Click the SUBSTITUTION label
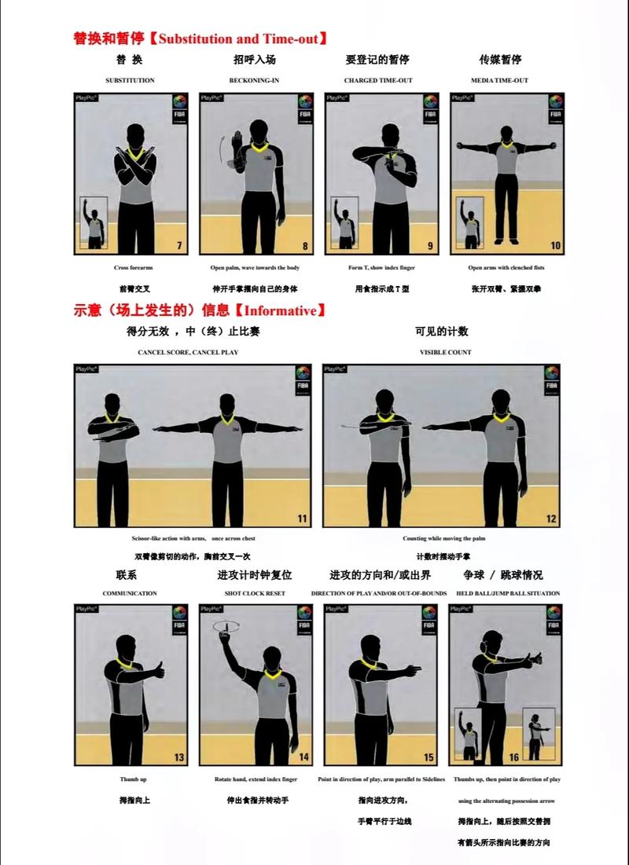[x=130, y=80]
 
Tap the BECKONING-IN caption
[x=254, y=80]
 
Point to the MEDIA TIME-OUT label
[x=499, y=80]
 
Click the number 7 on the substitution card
[x=178, y=246]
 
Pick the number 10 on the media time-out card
[x=555, y=246]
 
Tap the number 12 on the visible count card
[x=551, y=519]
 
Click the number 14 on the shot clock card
[x=303, y=757]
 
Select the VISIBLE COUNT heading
[x=445, y=353]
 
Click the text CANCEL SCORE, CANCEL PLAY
[x=188, y=353]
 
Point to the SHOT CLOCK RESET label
[x=255, y=593]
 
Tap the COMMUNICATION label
[x=130, y=593]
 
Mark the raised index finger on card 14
[x=223, y=626]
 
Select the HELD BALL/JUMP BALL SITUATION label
[x=508, y=593]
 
